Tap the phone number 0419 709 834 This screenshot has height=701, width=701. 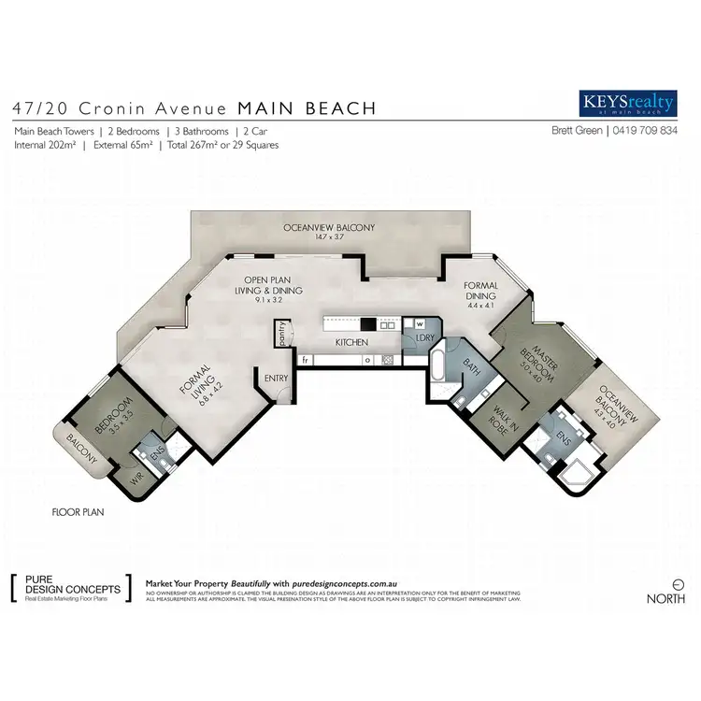(x=646, y=132)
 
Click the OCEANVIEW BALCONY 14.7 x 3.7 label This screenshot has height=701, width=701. (x=330, y=232)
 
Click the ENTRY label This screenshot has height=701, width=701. (x=277, y=378)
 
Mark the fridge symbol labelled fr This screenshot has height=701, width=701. (x=306, y=359)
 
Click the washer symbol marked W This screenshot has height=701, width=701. (x=421, y=325)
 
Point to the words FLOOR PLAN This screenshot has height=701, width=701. (x=78, y=512)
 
